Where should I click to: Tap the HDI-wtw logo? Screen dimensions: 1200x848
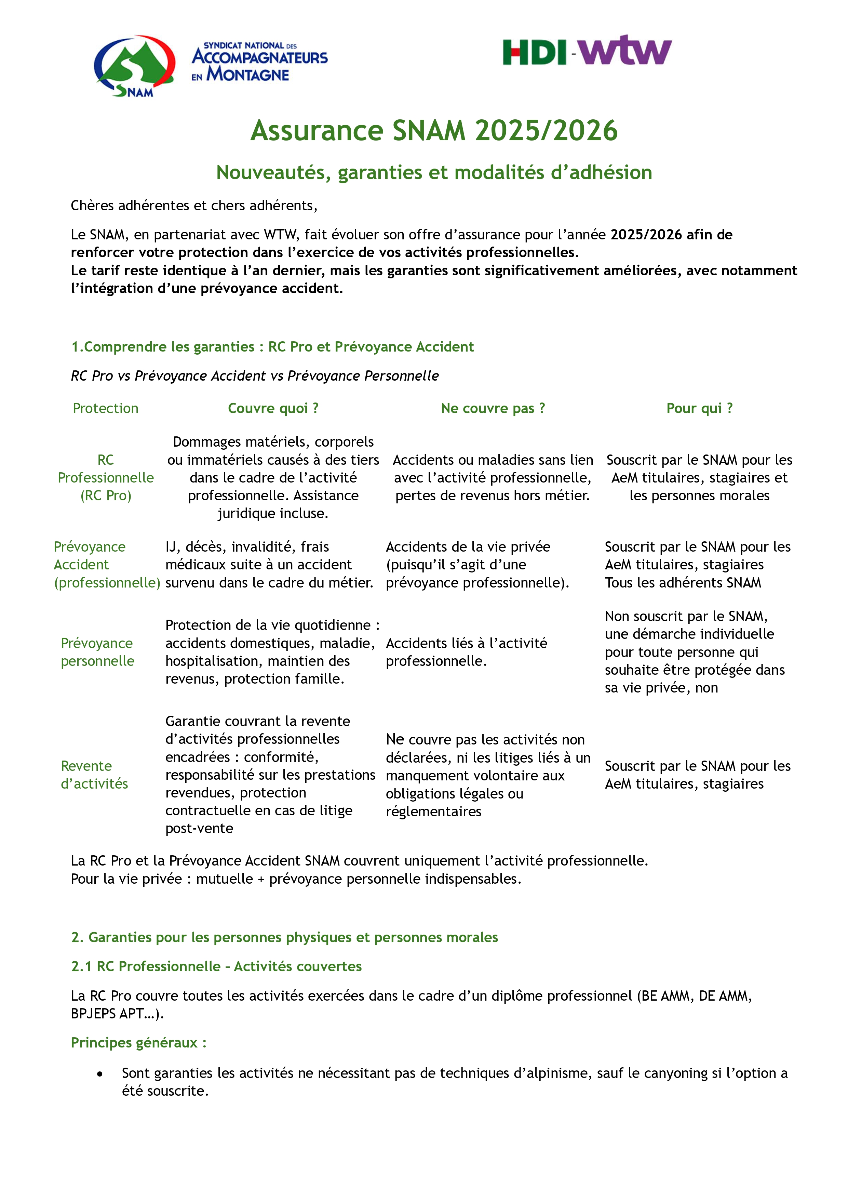coord(587,51)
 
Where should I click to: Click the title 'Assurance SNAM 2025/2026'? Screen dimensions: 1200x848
coord(434,130)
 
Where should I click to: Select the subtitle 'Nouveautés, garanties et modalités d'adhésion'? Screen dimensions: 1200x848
coord(434,172)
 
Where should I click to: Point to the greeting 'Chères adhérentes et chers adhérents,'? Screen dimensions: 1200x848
coord(194,206)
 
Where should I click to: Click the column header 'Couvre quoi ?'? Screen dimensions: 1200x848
coord(273,408)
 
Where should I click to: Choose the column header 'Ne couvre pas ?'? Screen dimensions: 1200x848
coord(493,408)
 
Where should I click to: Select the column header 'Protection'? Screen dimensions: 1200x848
coord(106,408)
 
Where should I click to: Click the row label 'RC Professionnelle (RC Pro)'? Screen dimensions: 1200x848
coord(106,478)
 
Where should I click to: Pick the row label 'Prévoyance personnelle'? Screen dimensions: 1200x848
coord(97,652)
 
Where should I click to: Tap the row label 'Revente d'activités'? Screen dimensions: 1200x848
coord(94,775)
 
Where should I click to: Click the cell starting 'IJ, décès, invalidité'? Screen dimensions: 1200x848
coord(269,565)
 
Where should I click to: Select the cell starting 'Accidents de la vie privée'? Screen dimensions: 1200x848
coord(477,565)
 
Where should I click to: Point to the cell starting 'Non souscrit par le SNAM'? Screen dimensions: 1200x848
coord(695,652)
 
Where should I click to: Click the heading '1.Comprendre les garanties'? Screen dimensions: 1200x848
coord(272,346)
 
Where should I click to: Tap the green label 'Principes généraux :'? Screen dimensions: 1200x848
coord(138,1043)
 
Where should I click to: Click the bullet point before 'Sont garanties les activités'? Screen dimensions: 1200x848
coord(100,1073)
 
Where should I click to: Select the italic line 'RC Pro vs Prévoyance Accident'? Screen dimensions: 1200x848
coord(254,376)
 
